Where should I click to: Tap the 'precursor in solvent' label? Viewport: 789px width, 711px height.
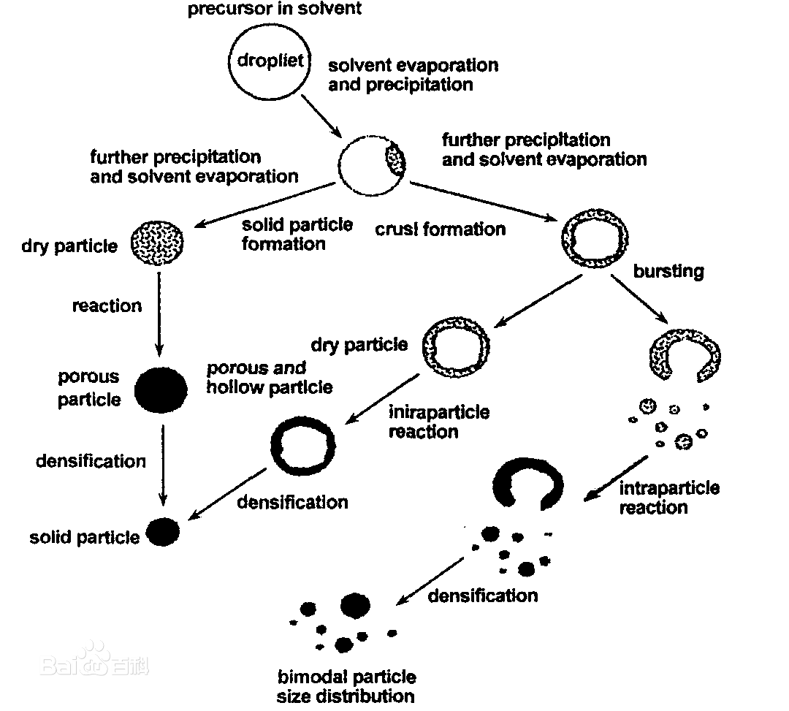tap(274, 9)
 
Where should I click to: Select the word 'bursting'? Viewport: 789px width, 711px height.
tap(668, 271)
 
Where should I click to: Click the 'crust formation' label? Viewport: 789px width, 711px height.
tap(440, 229)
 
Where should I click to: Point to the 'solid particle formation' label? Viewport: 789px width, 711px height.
tap(297, 234)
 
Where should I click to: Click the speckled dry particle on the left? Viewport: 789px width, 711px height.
tap(157, 241)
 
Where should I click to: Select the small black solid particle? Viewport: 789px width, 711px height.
tap(163, 532)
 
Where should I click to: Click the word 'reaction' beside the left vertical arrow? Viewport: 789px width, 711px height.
tap(107, 305)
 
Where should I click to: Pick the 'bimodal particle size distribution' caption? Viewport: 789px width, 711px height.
tap(346, 686)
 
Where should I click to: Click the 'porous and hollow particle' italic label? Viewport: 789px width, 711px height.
tap(269, 377)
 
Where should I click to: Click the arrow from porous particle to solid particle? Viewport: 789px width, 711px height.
tap(163, 465)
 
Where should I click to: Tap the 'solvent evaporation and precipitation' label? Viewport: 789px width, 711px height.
tap(413, 75)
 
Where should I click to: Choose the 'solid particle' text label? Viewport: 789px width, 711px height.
tap(85, 538)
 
